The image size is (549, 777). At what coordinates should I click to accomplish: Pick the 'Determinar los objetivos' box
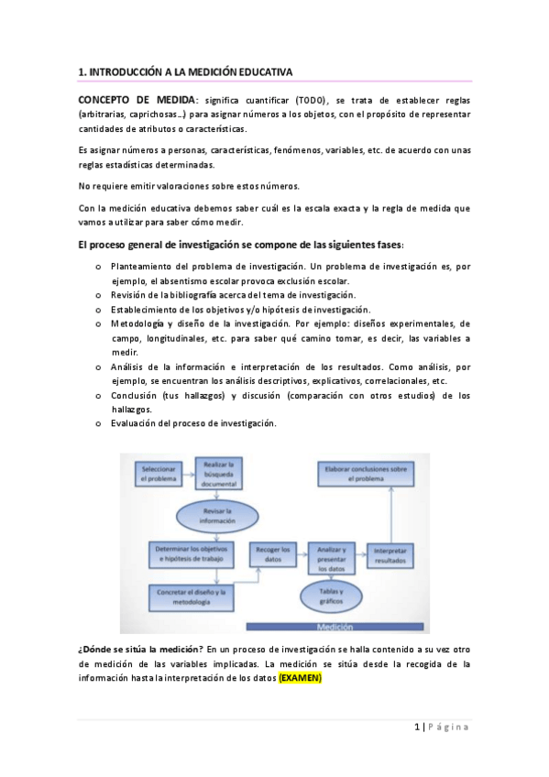click(187, 553)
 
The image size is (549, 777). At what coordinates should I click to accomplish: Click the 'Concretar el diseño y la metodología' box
click(186, 596)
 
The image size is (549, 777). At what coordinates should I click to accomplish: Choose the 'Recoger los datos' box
click(271, 553)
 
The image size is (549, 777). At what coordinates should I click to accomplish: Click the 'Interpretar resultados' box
click(393, 555)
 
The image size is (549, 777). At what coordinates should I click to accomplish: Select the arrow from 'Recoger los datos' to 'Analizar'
click(301, 553)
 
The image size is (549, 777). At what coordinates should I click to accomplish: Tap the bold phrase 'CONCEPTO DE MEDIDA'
click(136, 99)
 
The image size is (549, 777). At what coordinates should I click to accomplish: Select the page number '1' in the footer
click(417, 727)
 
